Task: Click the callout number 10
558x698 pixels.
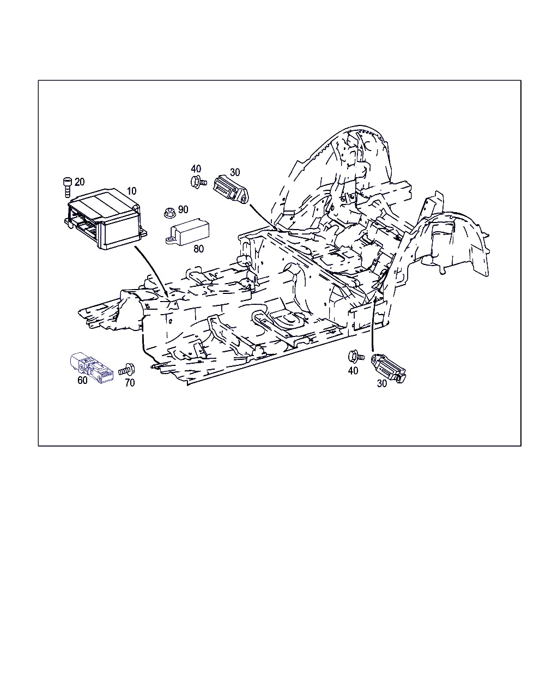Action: point(132,191)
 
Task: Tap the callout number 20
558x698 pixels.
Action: point(80,182)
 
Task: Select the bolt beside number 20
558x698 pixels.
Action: point(67,187)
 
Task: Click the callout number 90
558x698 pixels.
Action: point(183,209)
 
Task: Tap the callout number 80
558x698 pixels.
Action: point(198,249)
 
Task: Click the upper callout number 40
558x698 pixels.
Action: point(196,169)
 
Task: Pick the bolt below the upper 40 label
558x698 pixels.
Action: point(198,181)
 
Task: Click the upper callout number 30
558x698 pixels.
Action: point(235,172)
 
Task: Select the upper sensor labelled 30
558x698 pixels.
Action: point(231,189)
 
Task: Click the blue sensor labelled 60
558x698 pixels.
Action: point(92,367)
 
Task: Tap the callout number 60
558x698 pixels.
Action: point(82,380)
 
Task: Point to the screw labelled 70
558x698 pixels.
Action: point(127,370)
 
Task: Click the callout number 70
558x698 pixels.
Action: point(130,383)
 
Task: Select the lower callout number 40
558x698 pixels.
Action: point(353,371)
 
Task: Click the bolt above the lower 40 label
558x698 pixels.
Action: point(356,357)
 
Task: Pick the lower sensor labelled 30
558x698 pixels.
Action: point(389,369)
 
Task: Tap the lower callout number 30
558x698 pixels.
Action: point(381,384)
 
